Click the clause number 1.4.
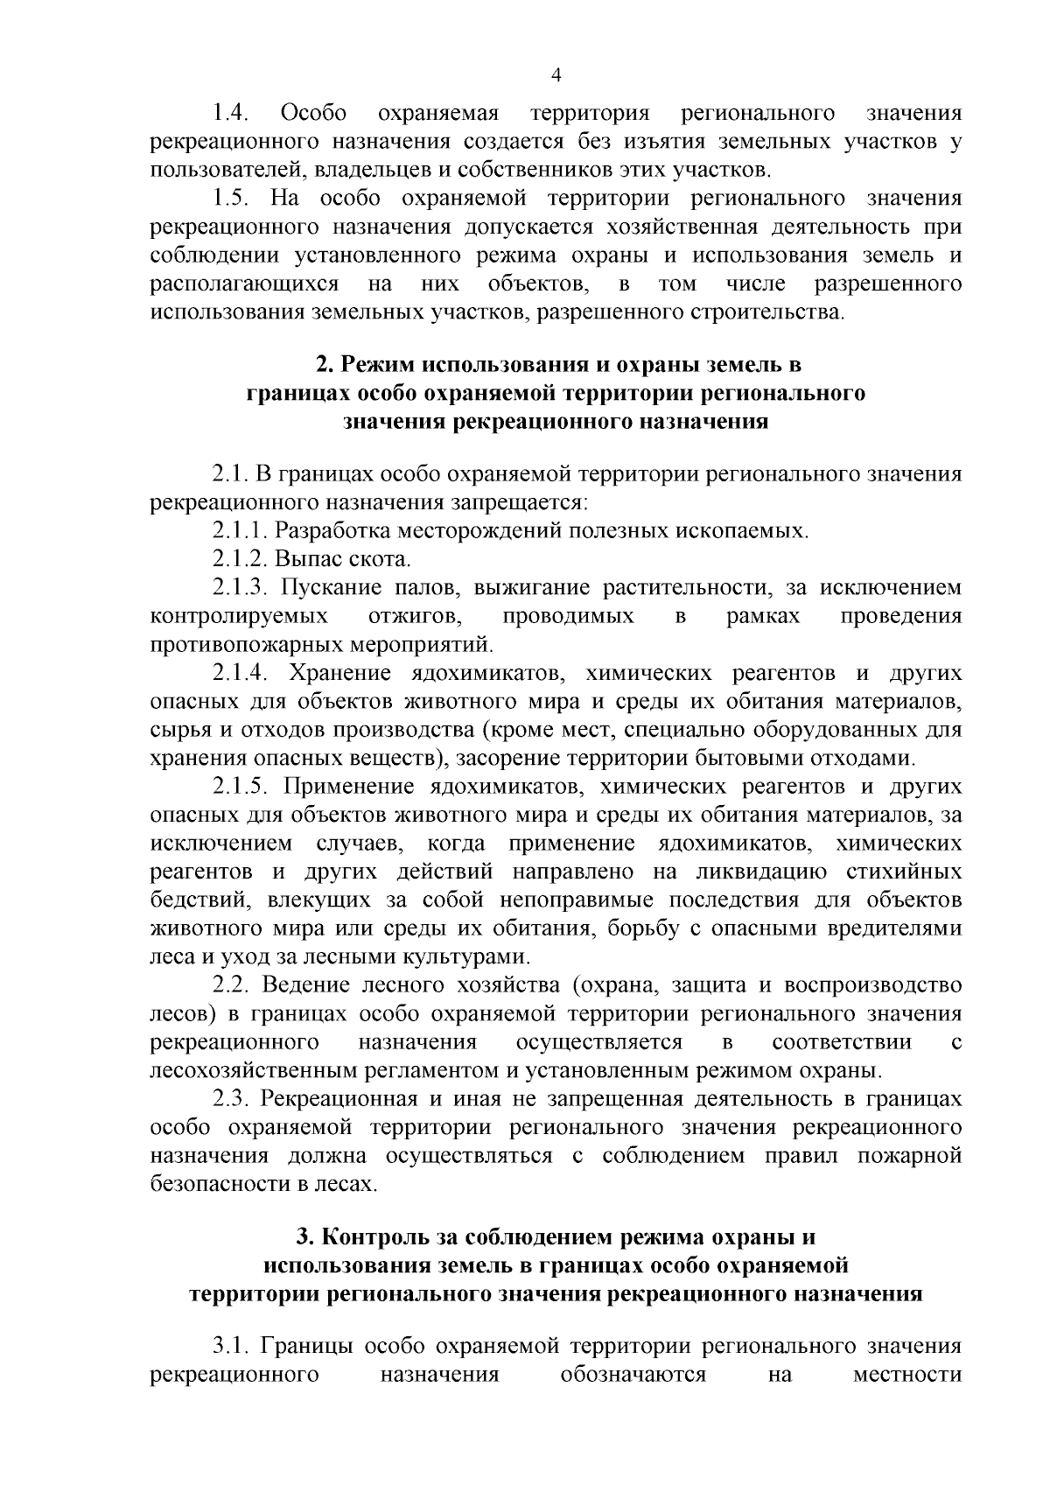coord(232,114)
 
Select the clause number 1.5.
coord(232,199)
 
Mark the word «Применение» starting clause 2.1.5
coord(348,788)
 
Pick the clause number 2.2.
coord(232,986)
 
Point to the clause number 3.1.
coord(232,1346)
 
